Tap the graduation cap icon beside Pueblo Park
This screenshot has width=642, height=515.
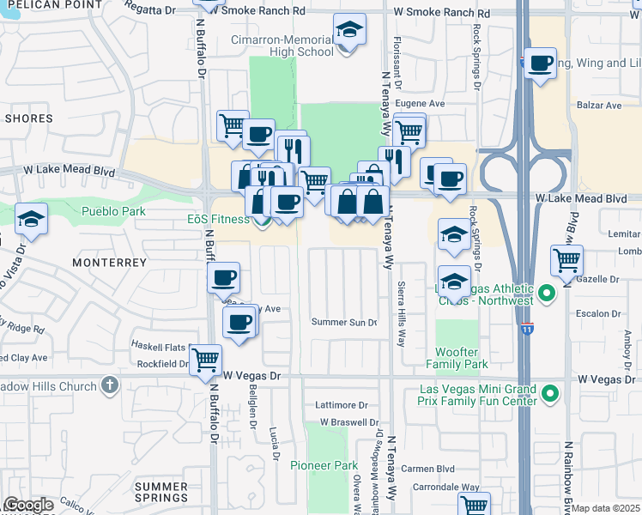pos(31,219)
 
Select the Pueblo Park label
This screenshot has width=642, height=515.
pos(113,211)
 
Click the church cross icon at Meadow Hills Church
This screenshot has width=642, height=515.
pos(109,386)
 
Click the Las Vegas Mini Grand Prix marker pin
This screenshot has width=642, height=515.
pos(550,395)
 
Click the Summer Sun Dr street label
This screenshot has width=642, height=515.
pos(344,323)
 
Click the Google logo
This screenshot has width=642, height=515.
pos(28,505)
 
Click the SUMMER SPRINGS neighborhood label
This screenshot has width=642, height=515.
pos(161,492)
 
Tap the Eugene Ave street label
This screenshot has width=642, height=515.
pos(425,103)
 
